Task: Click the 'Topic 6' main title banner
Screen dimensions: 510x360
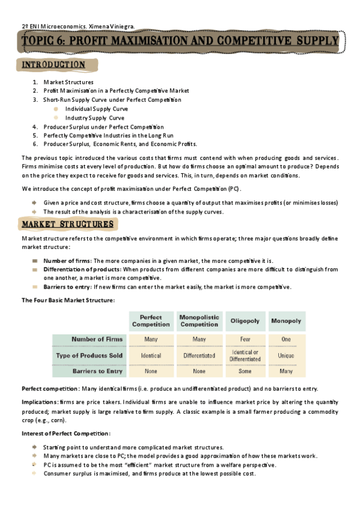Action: [x=180, y=41]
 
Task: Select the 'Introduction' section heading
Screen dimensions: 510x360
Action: [x=53, y=65]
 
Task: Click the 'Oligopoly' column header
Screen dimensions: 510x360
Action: [x=245, y=321]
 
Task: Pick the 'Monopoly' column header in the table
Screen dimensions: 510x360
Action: [x=286, y=321]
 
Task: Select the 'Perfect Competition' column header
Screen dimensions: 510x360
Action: [x=151, y=321]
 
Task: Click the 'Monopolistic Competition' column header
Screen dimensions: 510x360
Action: [x=198, y=321]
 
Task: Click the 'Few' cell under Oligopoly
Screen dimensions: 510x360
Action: [x=245, y=339]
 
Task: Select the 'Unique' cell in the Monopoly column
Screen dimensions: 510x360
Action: [x=286, y=355]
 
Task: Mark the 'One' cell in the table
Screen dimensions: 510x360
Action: [x=286, y=339]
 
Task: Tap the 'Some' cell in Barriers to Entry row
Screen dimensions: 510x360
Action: [x=245, y=372]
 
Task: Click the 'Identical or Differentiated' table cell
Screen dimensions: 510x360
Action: [x=245, y=355]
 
